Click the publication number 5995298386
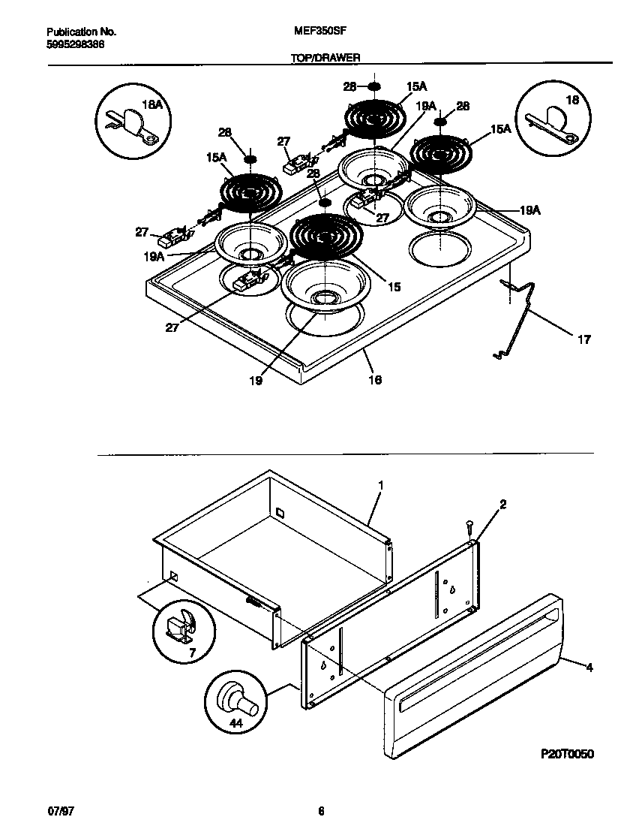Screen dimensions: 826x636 click(75, 44)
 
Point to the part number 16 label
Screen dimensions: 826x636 click(375, 380)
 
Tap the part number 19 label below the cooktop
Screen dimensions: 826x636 click(256, 381)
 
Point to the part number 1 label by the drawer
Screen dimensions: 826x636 click(380, 486)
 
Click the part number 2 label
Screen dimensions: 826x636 click(502, 505)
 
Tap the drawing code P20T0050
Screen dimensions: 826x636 click(566, 754)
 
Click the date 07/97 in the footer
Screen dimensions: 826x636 click(56, 810)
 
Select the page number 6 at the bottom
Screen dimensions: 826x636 click(321, 810)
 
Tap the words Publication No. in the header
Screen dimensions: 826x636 click(81, 33)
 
